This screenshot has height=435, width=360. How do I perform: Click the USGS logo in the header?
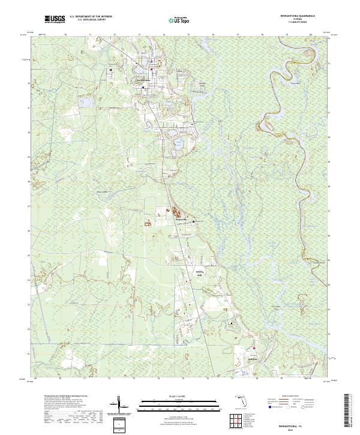click(x=55, y=19)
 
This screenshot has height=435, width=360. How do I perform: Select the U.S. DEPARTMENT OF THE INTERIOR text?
click(x=91, y=17)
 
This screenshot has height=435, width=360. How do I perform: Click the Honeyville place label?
click(x=181, y=220)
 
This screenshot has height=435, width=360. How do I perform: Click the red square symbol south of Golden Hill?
click(x=254, y=347)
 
